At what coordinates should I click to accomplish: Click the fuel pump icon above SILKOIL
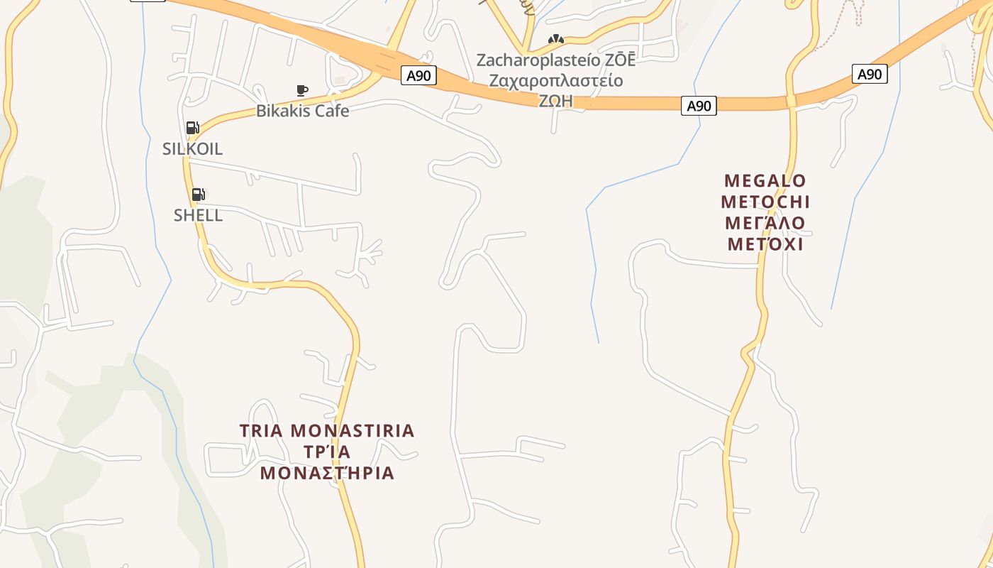[192, 128]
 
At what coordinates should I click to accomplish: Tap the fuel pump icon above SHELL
[199, 194]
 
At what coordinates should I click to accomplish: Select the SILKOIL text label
[192, 149]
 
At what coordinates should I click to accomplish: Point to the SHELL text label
[198, 215]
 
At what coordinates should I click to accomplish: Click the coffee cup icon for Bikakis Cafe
[302, 90]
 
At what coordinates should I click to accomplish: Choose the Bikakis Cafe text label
[302, 111]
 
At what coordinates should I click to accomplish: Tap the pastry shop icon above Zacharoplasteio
[556, 40]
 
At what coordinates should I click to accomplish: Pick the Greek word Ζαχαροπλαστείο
[556, 80]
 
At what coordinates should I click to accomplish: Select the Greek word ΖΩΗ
[556, 101]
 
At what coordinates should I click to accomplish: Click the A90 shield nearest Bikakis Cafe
[418, 75]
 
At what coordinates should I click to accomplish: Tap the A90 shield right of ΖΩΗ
[699, 106]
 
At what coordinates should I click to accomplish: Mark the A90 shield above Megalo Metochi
[870, 74]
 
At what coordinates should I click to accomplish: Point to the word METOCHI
[765, 202]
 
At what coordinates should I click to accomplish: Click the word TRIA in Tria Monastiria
[262, 431]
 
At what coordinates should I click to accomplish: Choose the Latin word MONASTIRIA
[353, 431]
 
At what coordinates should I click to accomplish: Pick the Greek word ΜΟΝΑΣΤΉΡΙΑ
[327, 473]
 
